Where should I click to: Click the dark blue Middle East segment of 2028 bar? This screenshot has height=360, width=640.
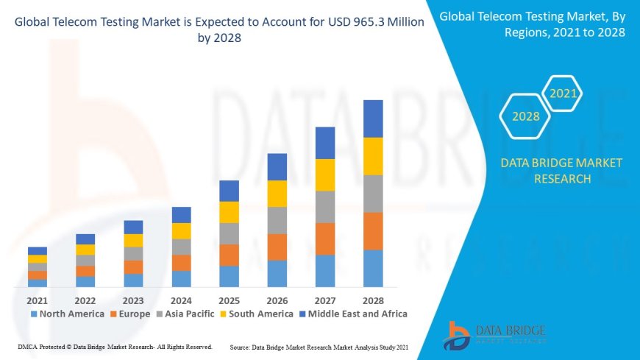(373, 119)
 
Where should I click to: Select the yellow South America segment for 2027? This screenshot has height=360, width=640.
(325, 174)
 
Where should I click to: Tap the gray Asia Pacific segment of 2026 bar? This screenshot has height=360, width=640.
(277, 220)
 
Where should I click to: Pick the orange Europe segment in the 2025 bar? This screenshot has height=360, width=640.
(229, 255)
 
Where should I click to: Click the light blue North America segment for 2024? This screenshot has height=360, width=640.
(181, 278)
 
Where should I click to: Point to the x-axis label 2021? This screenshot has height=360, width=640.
(38, 300)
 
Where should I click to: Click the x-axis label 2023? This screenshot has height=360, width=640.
(133, 300)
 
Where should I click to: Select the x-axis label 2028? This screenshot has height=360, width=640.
(373, 300)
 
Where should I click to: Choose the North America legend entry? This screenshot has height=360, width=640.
(66, 314)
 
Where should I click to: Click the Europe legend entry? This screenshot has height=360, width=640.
(130, 314)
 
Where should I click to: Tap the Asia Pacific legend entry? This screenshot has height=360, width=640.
(185, 314)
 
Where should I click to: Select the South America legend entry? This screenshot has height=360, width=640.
(257, 314)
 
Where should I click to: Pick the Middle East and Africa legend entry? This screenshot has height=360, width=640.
(351, 314)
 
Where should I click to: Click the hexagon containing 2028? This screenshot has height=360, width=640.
(525, 116)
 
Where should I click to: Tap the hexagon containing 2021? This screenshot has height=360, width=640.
(563, 93)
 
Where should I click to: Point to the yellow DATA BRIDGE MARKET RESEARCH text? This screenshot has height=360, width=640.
(561, 171)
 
